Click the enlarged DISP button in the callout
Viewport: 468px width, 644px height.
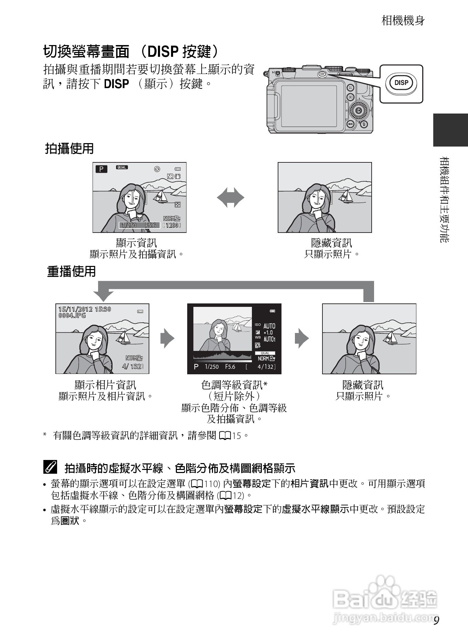click(x=401, y=83)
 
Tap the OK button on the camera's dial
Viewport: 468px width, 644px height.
click(x=358, y=110)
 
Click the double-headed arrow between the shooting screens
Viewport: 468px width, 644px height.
click(x=231, y=198)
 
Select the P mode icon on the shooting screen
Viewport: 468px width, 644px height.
click(x=101, y=169)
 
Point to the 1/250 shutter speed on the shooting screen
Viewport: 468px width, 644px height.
click(x=129, y=225)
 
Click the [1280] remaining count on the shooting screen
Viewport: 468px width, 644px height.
click(x=172, y=225)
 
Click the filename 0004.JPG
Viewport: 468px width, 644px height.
click(x=72, y=315)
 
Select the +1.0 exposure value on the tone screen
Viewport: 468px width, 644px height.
click(x=268, y=333)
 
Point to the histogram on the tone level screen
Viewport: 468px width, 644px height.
click(x=222, y=355)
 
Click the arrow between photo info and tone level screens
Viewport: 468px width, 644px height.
click(x=168, y=339)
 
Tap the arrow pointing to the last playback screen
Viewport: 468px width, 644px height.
click(x=302, y=339)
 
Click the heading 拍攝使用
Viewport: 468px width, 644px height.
click(x=70, y=149)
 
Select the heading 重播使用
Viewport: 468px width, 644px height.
click(x=71, y=271)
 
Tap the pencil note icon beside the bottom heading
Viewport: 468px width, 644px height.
click(x=50, y=468)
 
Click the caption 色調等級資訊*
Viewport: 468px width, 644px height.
click(x=234, y=385)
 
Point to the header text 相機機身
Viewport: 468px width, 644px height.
click(x=403, y=21)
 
